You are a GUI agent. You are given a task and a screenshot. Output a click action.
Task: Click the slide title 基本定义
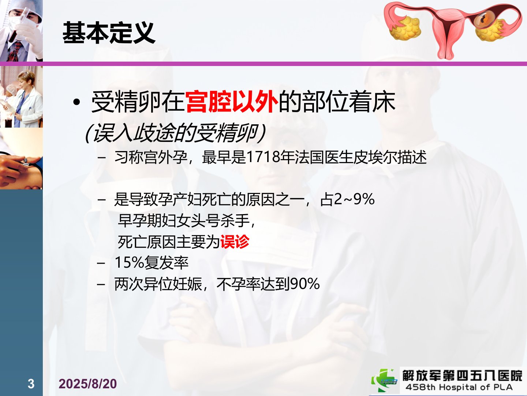coord(109,33)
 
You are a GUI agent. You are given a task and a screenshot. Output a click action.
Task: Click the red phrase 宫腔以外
coord(231,102)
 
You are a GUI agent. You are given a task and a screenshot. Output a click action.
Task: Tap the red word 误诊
coord(235,242)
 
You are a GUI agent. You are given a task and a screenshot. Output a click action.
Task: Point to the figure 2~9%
coord(354,199)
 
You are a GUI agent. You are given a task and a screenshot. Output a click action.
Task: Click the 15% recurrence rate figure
coord(129,263)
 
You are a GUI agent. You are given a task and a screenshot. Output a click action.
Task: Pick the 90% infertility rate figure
coord(305,284)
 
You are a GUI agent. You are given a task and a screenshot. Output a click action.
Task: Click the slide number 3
coord(31,384)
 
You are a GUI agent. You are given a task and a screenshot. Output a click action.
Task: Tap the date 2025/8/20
coord(87,384)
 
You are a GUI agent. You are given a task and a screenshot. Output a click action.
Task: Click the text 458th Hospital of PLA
coord(459,387)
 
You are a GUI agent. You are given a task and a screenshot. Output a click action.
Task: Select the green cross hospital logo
coord(384,381)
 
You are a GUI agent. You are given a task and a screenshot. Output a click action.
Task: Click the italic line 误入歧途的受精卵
coord(175,133)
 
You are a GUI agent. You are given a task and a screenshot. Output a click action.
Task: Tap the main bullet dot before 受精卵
coord(76,102)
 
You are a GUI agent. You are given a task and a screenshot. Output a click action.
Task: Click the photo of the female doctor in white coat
coord(21,97)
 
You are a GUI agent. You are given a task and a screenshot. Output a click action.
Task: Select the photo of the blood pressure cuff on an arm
coord(21,158)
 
